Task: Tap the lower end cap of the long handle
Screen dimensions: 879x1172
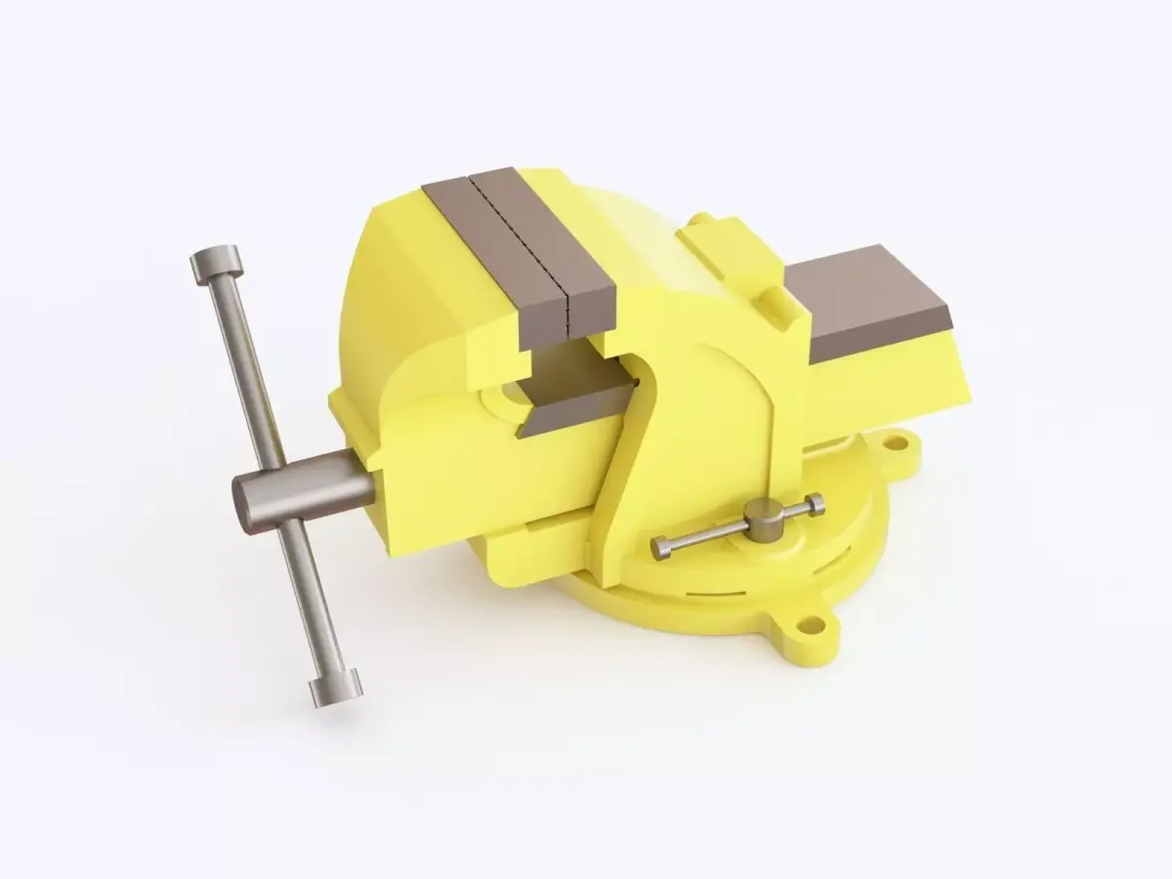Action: tap(336, 689)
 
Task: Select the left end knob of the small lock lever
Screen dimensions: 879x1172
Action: tap(661, 549)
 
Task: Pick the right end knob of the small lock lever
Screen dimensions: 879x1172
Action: tap(815, 503)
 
